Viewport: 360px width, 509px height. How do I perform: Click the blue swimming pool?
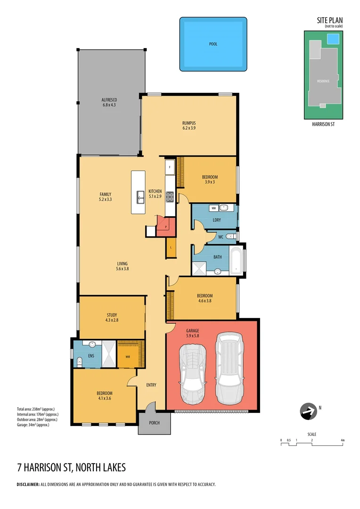(213, 44)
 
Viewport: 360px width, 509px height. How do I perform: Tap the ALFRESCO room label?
(109, 100)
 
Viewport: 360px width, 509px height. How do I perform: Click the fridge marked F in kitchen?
(170, 167)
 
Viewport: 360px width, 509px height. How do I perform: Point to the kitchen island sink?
(140, 197)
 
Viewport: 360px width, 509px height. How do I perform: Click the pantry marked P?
(165, 227)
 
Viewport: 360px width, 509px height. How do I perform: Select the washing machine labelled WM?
(213, 208)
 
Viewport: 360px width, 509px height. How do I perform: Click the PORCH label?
(154, 423)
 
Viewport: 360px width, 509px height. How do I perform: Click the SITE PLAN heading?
(330, 20)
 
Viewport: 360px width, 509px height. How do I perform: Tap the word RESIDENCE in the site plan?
(323, 81)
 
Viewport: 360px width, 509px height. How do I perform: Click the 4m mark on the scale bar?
(343, 440)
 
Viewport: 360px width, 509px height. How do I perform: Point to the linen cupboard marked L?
(170, 247)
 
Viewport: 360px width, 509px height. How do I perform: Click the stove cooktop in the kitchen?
(170, 196)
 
